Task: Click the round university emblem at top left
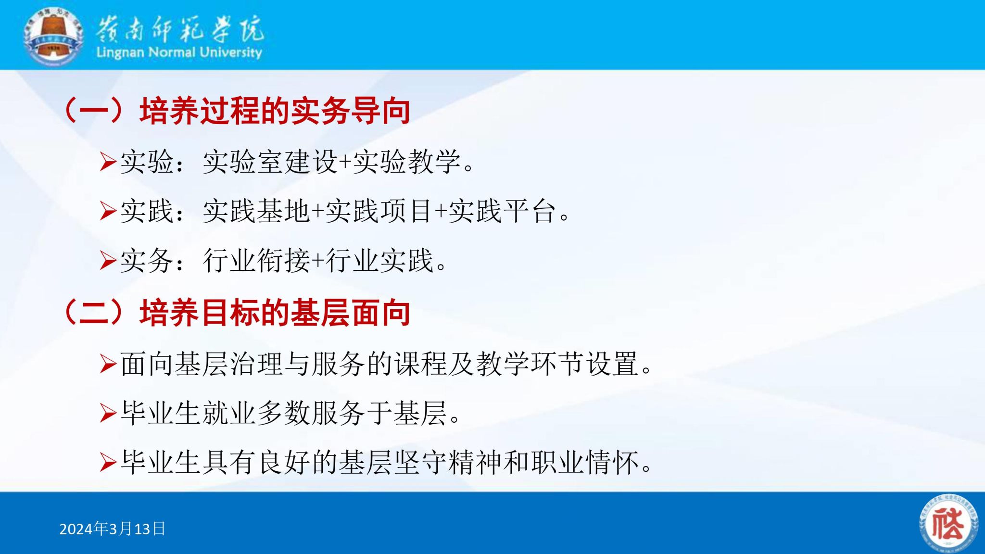point(53,36)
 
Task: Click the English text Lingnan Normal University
point(179,52)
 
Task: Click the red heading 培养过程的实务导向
point(275,111)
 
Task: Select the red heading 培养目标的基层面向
point(275,313)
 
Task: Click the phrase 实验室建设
point(271,162)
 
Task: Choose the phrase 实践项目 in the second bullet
point(379,211)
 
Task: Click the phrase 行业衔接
point(257,261)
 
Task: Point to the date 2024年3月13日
point(113,529)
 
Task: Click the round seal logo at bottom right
point(948,524)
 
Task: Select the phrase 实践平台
point(502,211)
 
